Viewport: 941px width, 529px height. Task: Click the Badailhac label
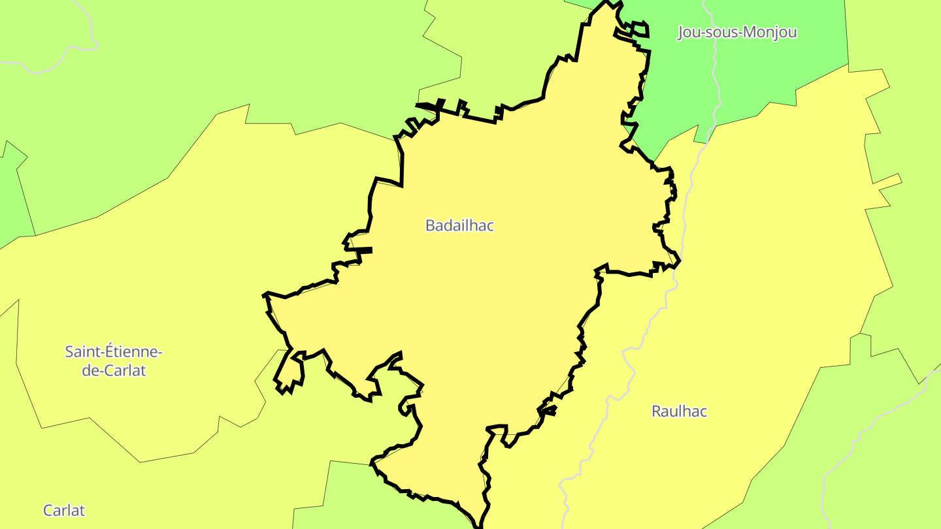[459, 225]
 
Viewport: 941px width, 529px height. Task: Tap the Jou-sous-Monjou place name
[736, 32]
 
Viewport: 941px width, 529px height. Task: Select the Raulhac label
[679, 411]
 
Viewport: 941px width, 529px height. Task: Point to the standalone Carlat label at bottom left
[64, 510]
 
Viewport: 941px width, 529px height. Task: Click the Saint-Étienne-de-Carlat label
[114, 361]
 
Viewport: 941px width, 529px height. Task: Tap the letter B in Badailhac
[430, 225]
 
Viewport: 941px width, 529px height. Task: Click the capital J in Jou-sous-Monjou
[681, 32]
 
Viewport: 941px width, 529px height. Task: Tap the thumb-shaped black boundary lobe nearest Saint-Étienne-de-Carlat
[291, 372]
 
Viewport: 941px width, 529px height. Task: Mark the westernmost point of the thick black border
[264, 295]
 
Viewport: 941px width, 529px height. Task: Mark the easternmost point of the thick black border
[680, 262]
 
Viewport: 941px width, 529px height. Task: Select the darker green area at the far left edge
[13, 196]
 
